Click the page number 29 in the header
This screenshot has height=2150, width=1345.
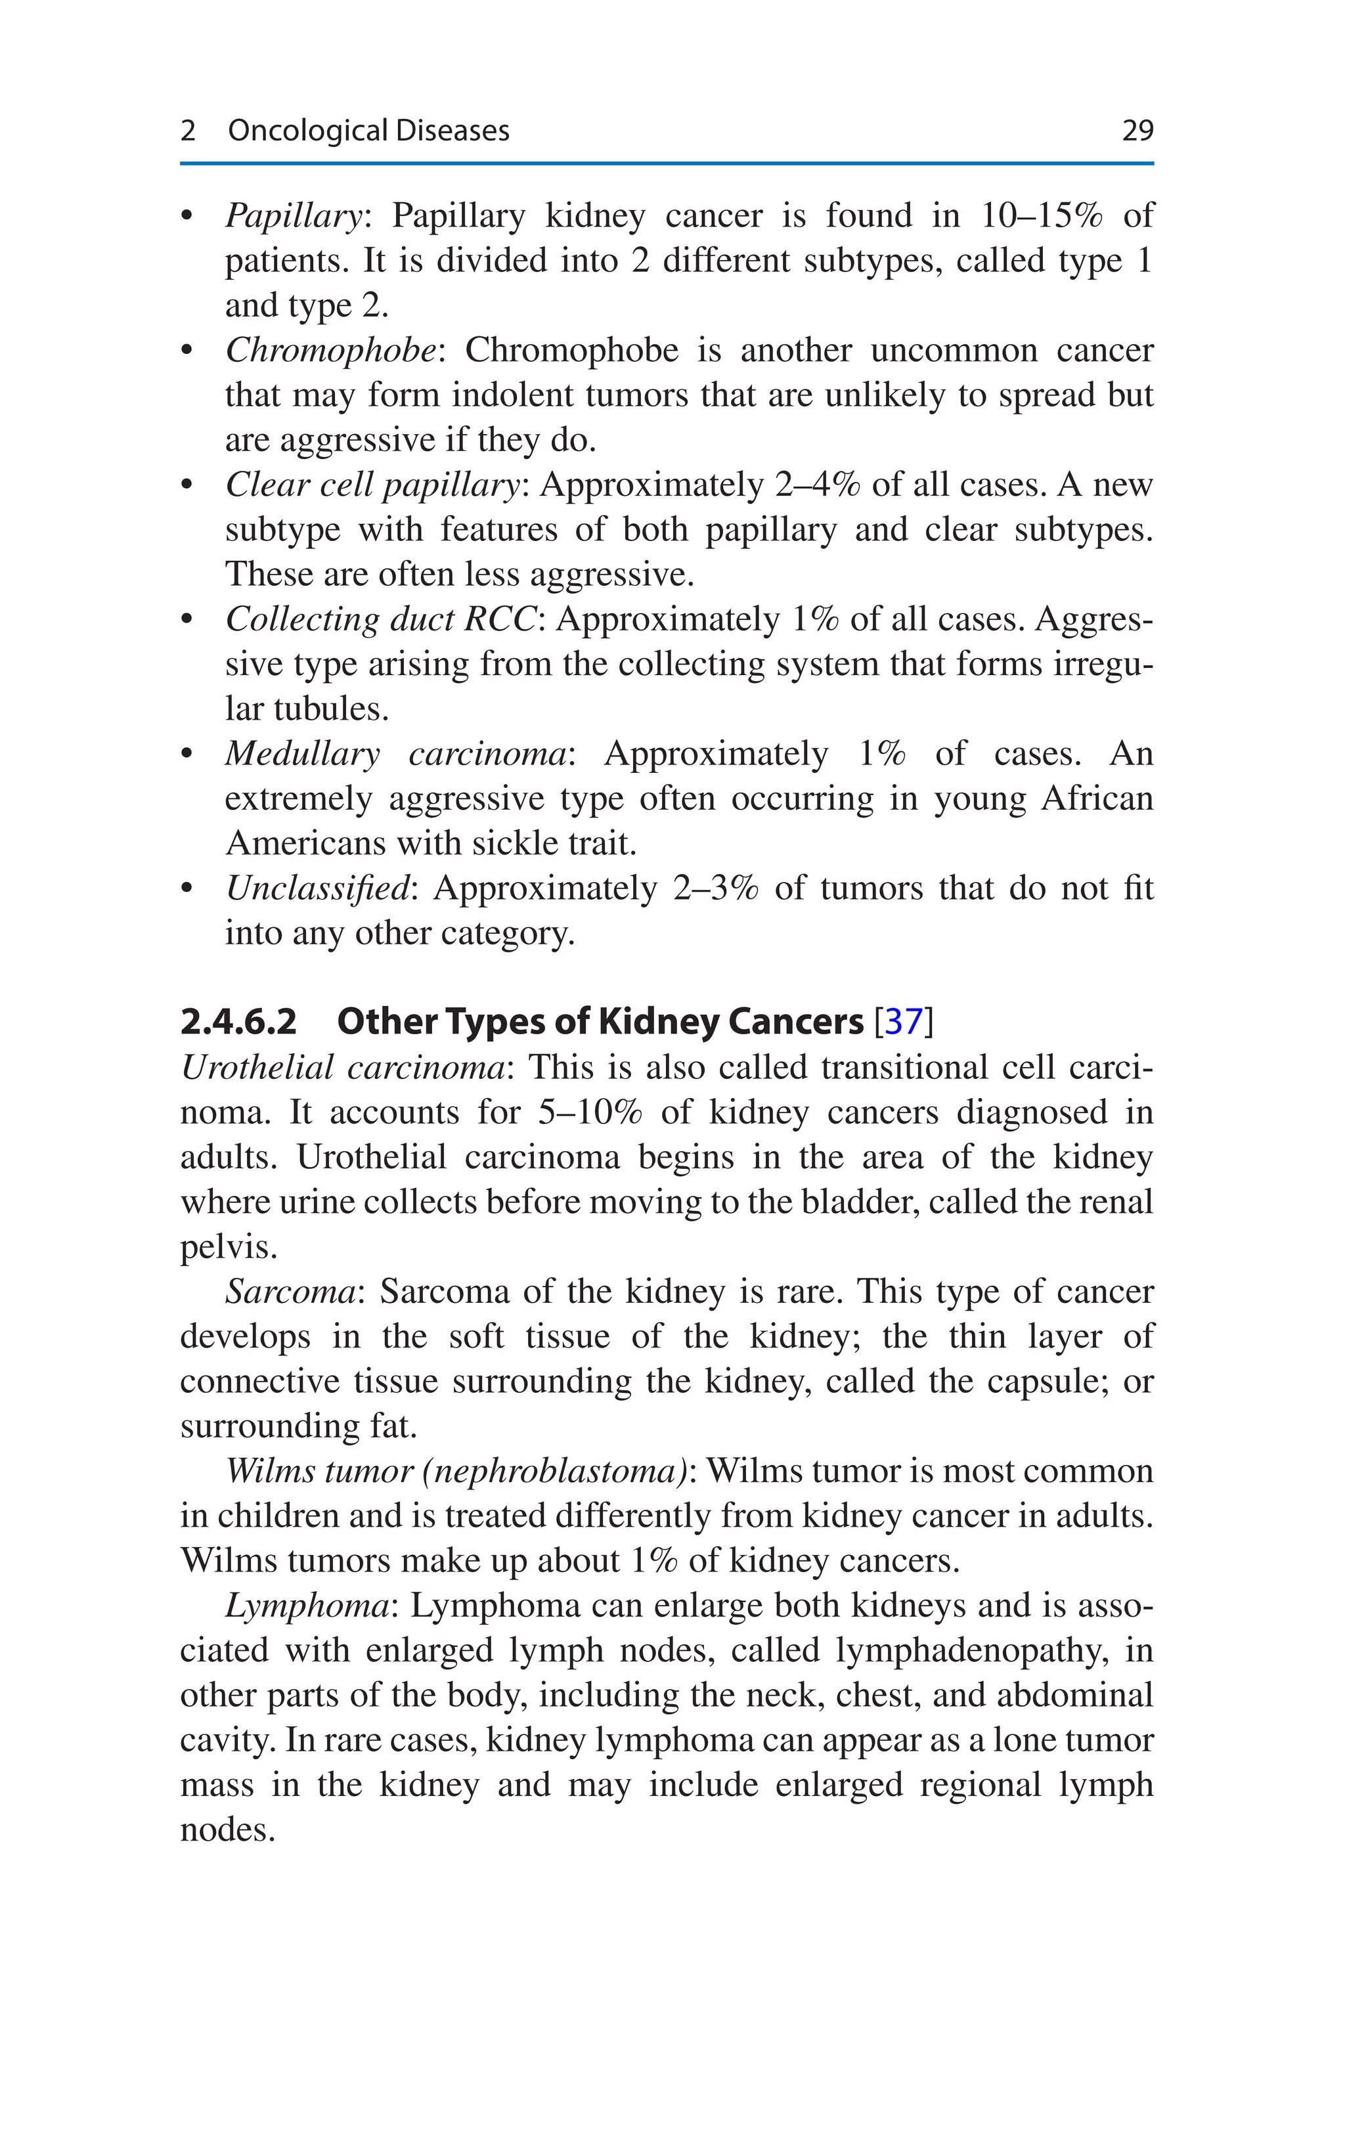(x=1137, y=131)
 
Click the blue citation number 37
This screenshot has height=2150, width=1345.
(x=904, y=1021)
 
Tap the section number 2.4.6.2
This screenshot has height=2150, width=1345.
(x=238, y=1021)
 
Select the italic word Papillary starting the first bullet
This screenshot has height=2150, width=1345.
(x=293, y=216)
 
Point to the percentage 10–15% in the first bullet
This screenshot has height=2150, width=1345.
(x=1041, y=216)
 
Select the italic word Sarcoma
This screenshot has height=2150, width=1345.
(x=290, y=1292)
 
